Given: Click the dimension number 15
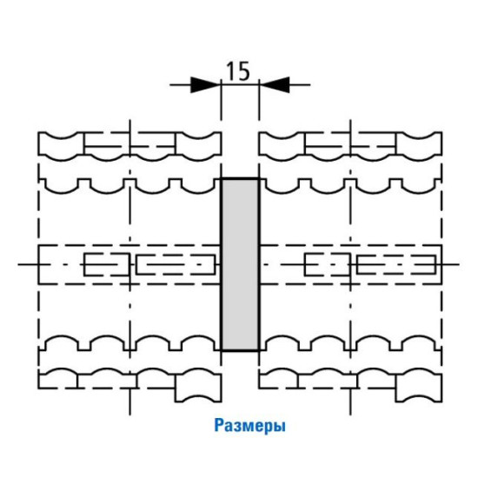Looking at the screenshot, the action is tap(238, 71).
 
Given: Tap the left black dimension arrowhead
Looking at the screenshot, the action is tap(205, 85).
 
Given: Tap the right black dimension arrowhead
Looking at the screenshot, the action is tap(275, 85).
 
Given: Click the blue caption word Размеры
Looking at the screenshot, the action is tap(250, 426).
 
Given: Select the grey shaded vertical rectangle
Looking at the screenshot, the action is tap(240, 264).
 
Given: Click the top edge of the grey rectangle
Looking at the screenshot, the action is tap(240, 178).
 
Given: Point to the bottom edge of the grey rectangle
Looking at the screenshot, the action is tap(240, 350).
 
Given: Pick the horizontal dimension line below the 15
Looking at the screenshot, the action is tap(240, 85).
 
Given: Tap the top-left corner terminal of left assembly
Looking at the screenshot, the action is tap(61, 146).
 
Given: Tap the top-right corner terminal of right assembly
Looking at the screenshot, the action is tap(419, 146).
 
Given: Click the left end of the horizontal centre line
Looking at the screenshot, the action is tap(18, 264).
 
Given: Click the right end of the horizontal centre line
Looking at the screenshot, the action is tap(459, 264).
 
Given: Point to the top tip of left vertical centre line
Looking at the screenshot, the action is tap(130, 120).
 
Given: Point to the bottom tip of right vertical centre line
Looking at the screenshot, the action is tap(350, 415).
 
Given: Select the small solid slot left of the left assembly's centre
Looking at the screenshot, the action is tap(107, 264).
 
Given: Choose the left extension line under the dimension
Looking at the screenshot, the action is tap(221, 101).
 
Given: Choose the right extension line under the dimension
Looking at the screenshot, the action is tap(259, 101).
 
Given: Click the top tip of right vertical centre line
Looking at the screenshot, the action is tap(350, 120).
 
